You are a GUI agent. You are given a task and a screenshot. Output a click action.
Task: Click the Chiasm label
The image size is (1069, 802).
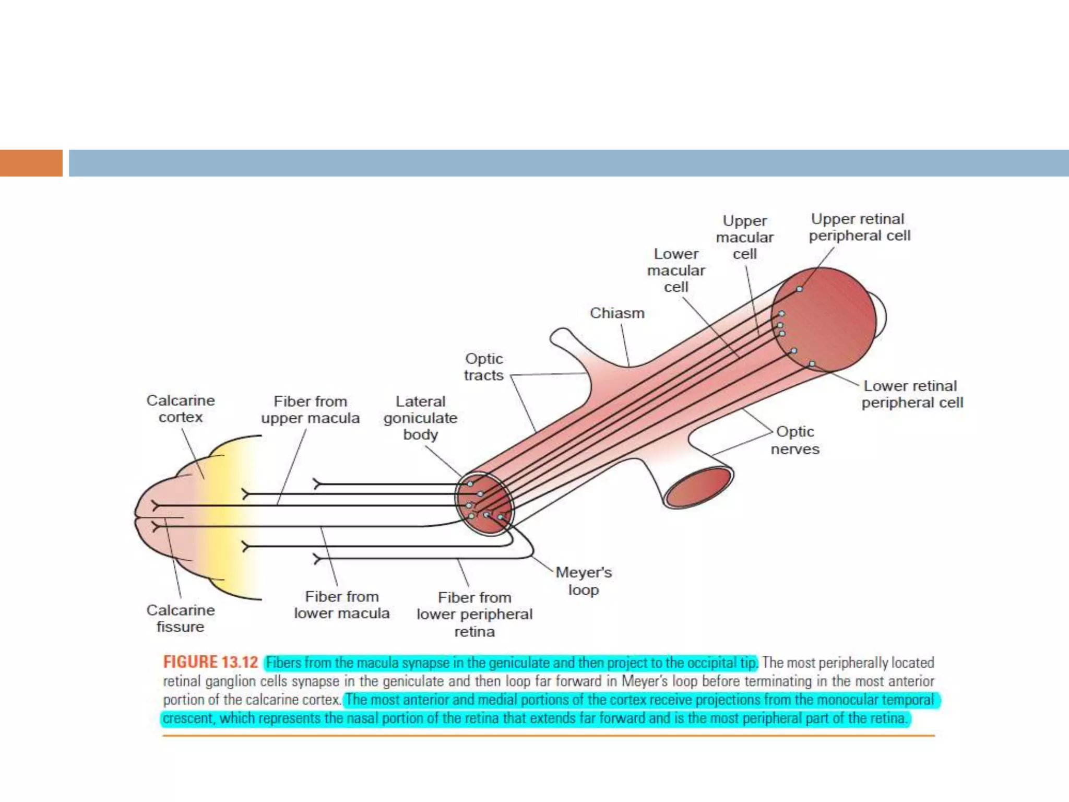617,313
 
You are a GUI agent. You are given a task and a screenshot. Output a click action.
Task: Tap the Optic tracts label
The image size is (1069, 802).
484,367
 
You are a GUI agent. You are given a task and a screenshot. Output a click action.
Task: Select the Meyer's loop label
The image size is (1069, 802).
584,581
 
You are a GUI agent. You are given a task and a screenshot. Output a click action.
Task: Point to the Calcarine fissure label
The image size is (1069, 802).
180,618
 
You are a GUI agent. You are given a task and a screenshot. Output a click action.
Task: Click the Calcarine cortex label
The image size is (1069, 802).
181,409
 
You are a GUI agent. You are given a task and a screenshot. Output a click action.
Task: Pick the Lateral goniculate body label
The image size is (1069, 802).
420,418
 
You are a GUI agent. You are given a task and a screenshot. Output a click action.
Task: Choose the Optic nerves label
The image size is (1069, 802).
795,440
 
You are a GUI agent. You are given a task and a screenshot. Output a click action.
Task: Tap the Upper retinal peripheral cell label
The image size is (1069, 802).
859,227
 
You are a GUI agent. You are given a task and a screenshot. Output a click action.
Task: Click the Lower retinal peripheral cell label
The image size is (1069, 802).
912,394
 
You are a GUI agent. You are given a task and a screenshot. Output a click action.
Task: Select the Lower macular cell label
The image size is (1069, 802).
676,270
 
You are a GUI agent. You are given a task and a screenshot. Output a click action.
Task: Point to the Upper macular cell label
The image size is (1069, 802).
744,237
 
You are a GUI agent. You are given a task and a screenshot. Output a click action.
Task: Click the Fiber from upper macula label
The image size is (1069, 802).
311,410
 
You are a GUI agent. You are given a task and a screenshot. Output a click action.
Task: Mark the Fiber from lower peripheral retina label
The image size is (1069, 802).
474,614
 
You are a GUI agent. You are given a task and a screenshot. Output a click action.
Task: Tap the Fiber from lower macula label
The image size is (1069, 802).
341,605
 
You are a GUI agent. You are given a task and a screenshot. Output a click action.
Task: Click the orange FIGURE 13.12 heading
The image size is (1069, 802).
210,662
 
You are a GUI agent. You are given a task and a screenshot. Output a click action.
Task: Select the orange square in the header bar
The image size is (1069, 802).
31,163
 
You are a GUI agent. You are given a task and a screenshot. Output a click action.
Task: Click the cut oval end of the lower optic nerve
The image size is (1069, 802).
698,488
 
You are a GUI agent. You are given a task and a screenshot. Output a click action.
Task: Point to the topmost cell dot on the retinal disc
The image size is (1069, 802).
799,289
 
